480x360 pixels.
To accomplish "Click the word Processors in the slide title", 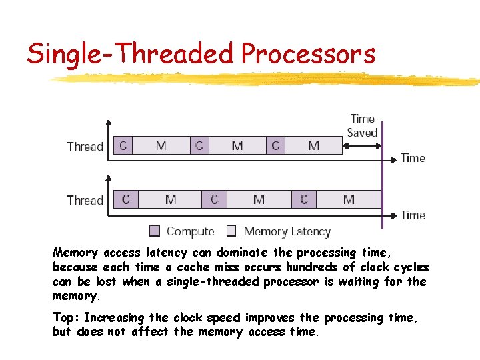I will (308, 53).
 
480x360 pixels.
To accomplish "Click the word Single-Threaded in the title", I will (131, 53).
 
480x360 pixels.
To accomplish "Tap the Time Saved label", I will (362, 125).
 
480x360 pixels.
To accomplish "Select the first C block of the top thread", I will (123, 145).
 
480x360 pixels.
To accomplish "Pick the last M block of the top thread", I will (313, 145).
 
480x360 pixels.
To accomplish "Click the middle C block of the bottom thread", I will (214, 199).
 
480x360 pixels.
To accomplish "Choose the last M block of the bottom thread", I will (348, 199).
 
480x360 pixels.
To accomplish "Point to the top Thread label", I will (85, 146).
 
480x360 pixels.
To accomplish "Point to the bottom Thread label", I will (85, 200).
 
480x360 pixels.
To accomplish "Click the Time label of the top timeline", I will (413, 158).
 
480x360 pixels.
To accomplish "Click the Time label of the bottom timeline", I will (413, 215).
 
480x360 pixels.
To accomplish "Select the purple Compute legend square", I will (155, 231).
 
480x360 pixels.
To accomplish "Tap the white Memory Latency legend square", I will (231, 231).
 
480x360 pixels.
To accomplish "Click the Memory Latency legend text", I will (287, 231).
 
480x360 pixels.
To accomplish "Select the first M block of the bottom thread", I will (170, 199).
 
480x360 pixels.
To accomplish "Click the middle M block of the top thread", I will (237, 145).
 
